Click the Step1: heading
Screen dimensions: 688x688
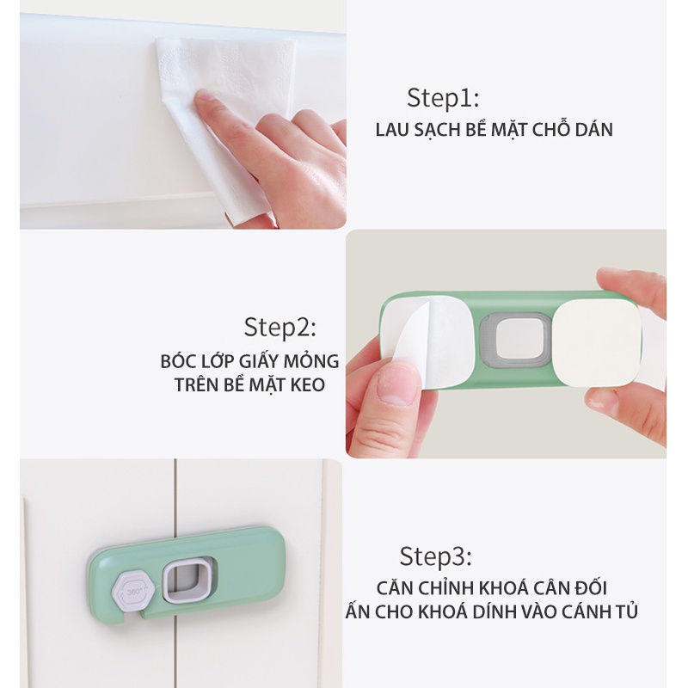(x=443, y=96)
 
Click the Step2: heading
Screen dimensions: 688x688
(x=280, y=328)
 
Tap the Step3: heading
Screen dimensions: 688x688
(x=436, y=556)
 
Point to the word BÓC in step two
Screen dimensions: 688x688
(x=178, y=360)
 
